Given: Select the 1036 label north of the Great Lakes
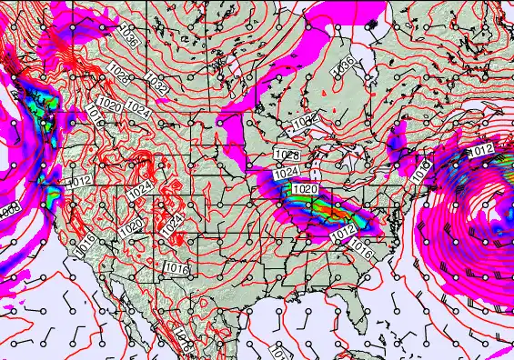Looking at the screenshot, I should point(343,65).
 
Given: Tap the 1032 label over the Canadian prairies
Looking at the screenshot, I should point(156,86).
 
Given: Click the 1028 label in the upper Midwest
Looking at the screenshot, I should point(287,156).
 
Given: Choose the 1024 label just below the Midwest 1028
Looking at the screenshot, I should point(287,172).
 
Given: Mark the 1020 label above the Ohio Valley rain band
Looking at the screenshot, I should point(305,189).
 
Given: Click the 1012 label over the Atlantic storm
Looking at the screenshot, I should point(480,150).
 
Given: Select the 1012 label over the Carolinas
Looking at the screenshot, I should point(341,234).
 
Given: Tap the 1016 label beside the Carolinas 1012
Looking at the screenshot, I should point(361,245).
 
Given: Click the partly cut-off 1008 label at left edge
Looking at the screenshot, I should point(9,211).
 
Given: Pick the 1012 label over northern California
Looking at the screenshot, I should point(79,182).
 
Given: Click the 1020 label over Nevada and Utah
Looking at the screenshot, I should point(131,225).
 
